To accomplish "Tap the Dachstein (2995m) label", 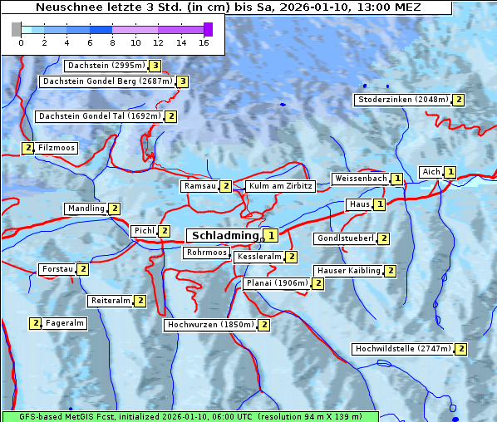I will click(x=106, y=65).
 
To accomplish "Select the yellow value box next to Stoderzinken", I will click(x=458, y=100).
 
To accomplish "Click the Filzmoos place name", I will click(x=57, y=148).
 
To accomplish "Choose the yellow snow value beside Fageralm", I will click(x=36, y=323).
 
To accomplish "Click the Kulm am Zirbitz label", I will click(x=280, y=186).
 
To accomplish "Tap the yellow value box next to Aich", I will click(x=450, y=172).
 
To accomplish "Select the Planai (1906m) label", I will click(x=277, y=283).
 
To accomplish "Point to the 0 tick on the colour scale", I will click(x=21, y=42).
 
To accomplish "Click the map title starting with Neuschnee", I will click(x=228, y=7).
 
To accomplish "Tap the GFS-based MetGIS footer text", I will click(x=189, y=416).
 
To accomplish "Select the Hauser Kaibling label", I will click(x=348, y=271).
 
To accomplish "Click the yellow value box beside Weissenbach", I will click(x=397, y=179).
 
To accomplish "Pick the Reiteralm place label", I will click(x=111, y=301).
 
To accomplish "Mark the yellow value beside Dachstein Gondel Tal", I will click(x=170, y=116).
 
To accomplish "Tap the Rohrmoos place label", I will click(x=207, y=253).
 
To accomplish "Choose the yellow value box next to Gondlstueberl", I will click(x=383, y=238).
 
